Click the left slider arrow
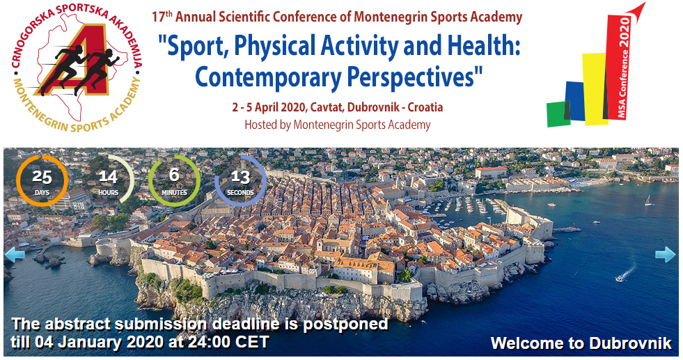(15, 255)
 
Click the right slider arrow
(665, 255)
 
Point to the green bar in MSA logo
(558, 114)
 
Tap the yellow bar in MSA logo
(594, 88)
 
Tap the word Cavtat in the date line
(327, 107)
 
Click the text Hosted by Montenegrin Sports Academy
(337, 125)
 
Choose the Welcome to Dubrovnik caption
(581, 343)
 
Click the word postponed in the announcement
(345, 324)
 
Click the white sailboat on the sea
(649, 201)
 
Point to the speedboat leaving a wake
(619, 279)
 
